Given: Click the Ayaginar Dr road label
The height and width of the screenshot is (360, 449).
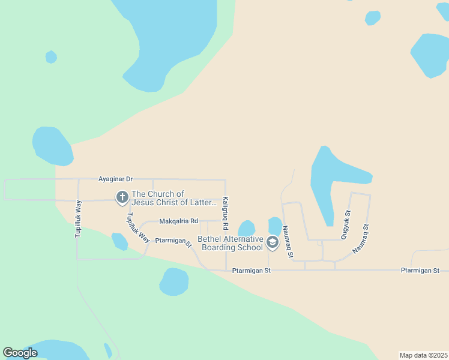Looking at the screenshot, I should click(116, 179).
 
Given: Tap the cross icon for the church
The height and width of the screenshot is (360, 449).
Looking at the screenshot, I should click(122, 197).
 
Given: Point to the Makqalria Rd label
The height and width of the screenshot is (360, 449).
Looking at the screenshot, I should click(178, 221).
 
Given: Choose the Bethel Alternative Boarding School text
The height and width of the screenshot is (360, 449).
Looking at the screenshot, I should click(232, 243).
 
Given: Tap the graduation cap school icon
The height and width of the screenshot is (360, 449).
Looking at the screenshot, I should click(273, 242).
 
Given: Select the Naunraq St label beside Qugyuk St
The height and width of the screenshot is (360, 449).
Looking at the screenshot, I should click(361, 238).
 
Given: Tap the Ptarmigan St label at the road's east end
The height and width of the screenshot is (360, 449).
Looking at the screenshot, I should click(420, 271).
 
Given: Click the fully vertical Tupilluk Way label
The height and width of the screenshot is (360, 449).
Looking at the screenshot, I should click(78, 219).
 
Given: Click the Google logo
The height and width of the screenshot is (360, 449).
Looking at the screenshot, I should click(20, 353).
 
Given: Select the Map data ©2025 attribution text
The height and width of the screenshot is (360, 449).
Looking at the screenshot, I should click(423, 355).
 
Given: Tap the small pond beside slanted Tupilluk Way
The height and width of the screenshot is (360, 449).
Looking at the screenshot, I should click(119, 241).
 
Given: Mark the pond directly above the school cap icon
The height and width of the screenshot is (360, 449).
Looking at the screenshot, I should click(275, 225).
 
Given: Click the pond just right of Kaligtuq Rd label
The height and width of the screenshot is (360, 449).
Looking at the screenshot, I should click(247, 229).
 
